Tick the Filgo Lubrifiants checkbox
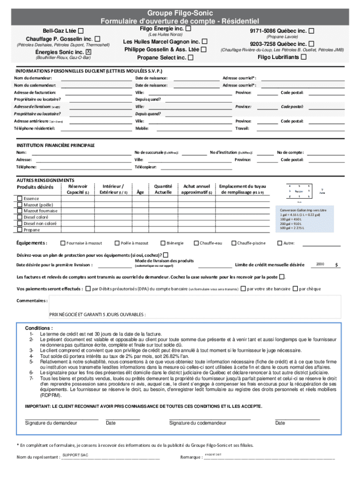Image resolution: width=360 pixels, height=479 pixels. tap(304, 57)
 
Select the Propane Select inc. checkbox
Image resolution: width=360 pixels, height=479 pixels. tap(190, 58)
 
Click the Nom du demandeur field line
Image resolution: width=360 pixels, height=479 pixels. tap(96, 78)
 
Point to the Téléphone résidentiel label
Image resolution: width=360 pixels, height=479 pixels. tap(35, 128)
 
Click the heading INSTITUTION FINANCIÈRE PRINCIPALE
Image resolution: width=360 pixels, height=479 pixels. tap(56, 145)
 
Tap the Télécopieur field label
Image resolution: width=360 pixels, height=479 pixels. tap(145, 167)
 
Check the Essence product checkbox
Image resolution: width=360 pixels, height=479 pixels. tap(20, 199)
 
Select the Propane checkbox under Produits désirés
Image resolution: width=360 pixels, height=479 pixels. tap(20, 230)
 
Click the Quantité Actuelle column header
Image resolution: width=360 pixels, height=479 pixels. tap(163, 189)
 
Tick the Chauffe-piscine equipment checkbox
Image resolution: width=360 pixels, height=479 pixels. tap(234, 243)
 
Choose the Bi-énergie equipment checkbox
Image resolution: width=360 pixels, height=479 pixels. tap(163, 243)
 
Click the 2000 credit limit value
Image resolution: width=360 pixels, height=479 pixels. tap(320, 264)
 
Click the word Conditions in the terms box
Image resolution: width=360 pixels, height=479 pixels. tap(39, 328)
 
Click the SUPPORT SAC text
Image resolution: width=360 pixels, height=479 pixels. tap(75, 455)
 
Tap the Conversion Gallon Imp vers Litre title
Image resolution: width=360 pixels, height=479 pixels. tap(303, 210)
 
